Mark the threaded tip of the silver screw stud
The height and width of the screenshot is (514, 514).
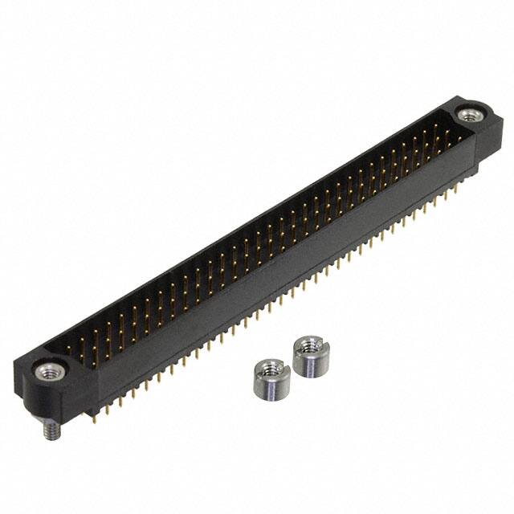(47, 431)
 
